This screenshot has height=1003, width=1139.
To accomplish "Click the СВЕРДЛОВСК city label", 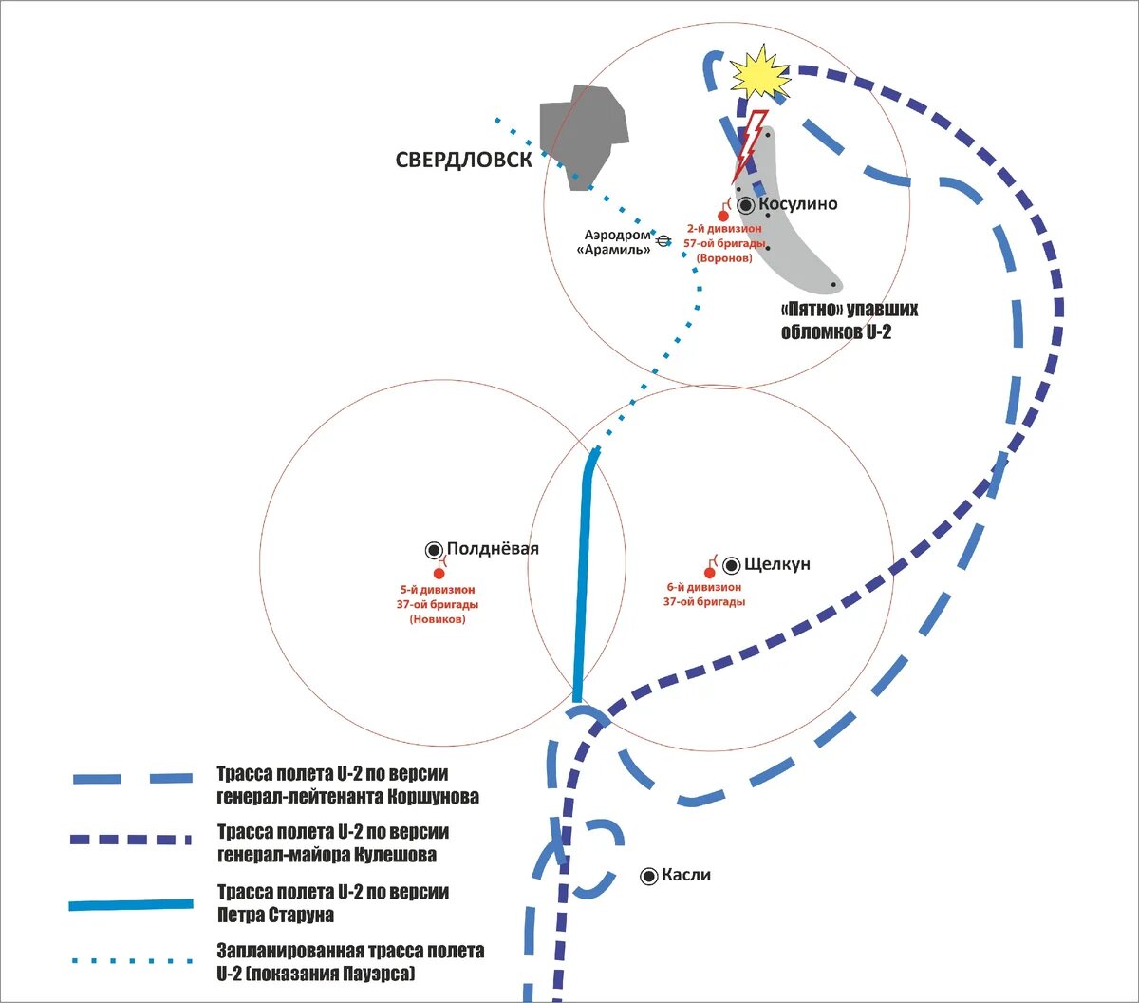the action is tap(464, 160).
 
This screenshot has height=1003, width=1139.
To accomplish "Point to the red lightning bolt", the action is tap(750, 146).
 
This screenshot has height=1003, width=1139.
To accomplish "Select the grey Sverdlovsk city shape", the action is tap(584, 135).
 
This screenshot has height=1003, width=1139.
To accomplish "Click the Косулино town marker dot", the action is tap(745, 206).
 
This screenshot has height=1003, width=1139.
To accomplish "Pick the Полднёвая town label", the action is tap(493, 548).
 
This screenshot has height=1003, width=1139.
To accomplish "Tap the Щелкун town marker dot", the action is tap(731, 565).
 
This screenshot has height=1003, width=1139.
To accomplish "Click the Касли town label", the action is tap(686, 875).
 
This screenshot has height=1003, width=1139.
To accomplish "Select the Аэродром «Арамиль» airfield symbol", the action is tap(663, 241).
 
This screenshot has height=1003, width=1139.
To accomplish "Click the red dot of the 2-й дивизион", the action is tap(723, 216).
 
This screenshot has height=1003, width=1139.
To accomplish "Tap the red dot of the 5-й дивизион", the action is tap(439, 574).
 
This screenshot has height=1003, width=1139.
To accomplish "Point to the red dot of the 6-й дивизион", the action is tap(709, 573).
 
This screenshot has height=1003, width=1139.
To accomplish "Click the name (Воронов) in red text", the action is tap(724, 258).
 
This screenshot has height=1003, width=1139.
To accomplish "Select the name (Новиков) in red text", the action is tap(438, 619).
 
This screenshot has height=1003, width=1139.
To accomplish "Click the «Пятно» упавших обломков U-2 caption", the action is tap(849, 321).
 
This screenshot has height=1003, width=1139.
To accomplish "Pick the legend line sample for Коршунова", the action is tap(133, 779).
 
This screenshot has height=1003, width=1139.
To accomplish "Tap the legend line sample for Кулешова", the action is tap(130, 840).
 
